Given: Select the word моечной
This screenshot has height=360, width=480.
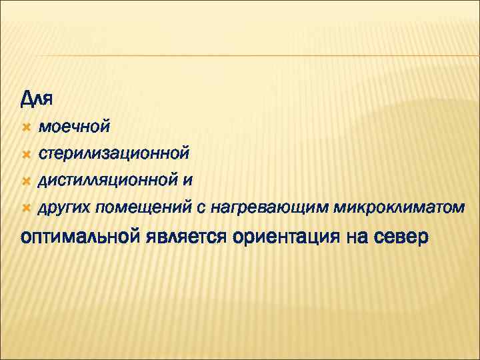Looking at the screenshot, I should click(74, 125).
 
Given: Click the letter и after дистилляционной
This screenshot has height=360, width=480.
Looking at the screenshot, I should click(190, 181).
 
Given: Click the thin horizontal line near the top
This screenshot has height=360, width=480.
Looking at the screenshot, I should click(240, 55).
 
